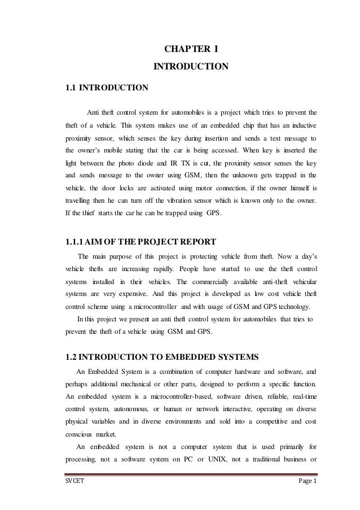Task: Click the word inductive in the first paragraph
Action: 302,124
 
